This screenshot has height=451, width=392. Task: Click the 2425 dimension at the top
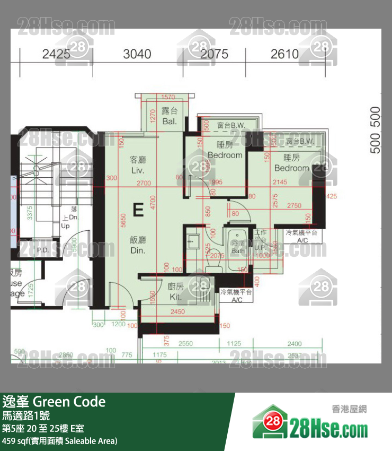tap(56, 54)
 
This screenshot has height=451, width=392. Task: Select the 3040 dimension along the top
tap(137, 54)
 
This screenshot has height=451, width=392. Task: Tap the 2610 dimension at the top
tap(284, 54)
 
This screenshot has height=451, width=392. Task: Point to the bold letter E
tap(138, 210)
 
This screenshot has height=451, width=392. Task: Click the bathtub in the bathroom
tap(238, 247)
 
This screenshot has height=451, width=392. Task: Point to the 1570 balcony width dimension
tap(168, 97)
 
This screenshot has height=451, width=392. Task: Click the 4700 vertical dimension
tap(152, 204)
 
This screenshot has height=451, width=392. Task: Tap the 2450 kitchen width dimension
tap(178, 312)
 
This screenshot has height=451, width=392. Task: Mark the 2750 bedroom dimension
tap(293, 205)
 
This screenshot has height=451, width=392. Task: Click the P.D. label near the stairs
tap(43, 250)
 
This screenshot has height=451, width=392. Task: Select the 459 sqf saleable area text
tap(59, 441)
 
